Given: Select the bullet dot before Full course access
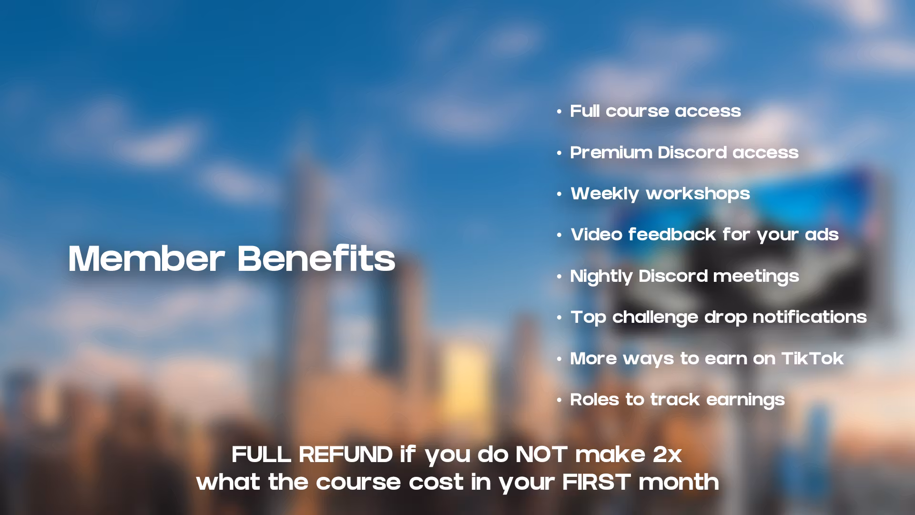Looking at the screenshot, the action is click(x=559, y=112).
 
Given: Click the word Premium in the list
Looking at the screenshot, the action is click(x=611, y=153).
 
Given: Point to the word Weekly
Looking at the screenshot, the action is click(x=605, y=194).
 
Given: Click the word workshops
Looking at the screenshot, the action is click(x=698, y=194).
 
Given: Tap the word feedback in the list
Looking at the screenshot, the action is click(x=672, y=235).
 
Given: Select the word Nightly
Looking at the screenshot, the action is click(x=601, y=277).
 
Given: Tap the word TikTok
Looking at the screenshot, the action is click(x=813, y=359).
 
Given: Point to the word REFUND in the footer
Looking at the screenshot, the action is click(x=346, y=454).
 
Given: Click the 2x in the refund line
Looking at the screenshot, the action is click(x=667, y=454).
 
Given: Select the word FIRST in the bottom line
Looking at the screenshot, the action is click(x=597, y=482).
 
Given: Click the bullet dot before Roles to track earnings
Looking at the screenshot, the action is click(x=559, y=401).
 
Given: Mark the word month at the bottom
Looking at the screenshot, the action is click(x=679, y=482).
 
